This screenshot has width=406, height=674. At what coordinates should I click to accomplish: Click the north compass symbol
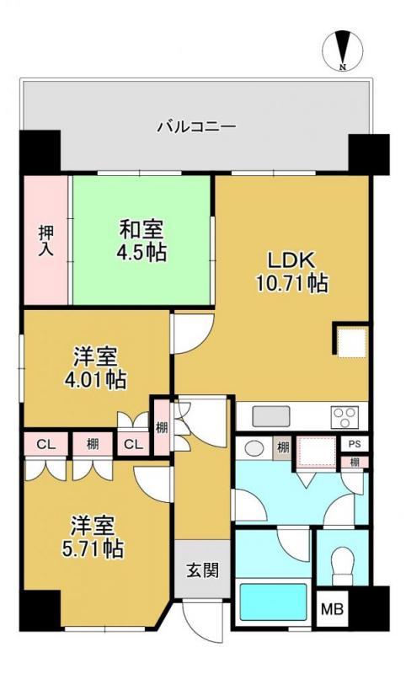[x=343, y=51]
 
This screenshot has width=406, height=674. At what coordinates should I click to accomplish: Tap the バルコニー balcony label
[x=196, y=127]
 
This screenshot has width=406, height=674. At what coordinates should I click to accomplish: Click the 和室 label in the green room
[x=141, y=227]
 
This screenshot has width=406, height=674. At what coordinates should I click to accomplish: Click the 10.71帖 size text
[x=291, y=283]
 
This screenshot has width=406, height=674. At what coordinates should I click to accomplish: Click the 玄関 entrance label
[x=202, y=570]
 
